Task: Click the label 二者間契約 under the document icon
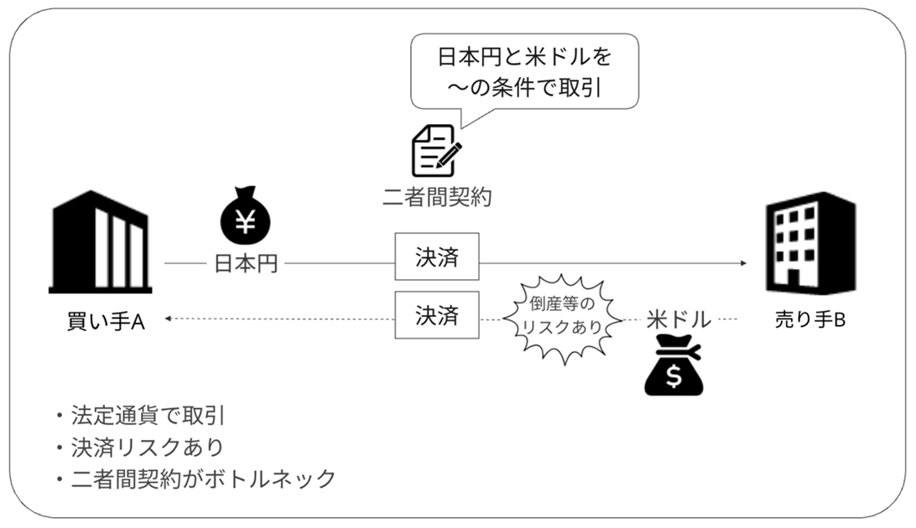click(x=433, y=199)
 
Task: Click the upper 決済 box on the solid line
click(x=436, y=256)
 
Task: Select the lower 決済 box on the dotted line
click(x=436, y=315)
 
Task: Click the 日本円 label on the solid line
click(x=246, y=264)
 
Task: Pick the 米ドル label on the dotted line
click(x=679, y=319)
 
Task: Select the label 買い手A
click(x=106, y=321)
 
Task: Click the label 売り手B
click(x=810, y=321)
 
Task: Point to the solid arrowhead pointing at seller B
click(x=743, y=264)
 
